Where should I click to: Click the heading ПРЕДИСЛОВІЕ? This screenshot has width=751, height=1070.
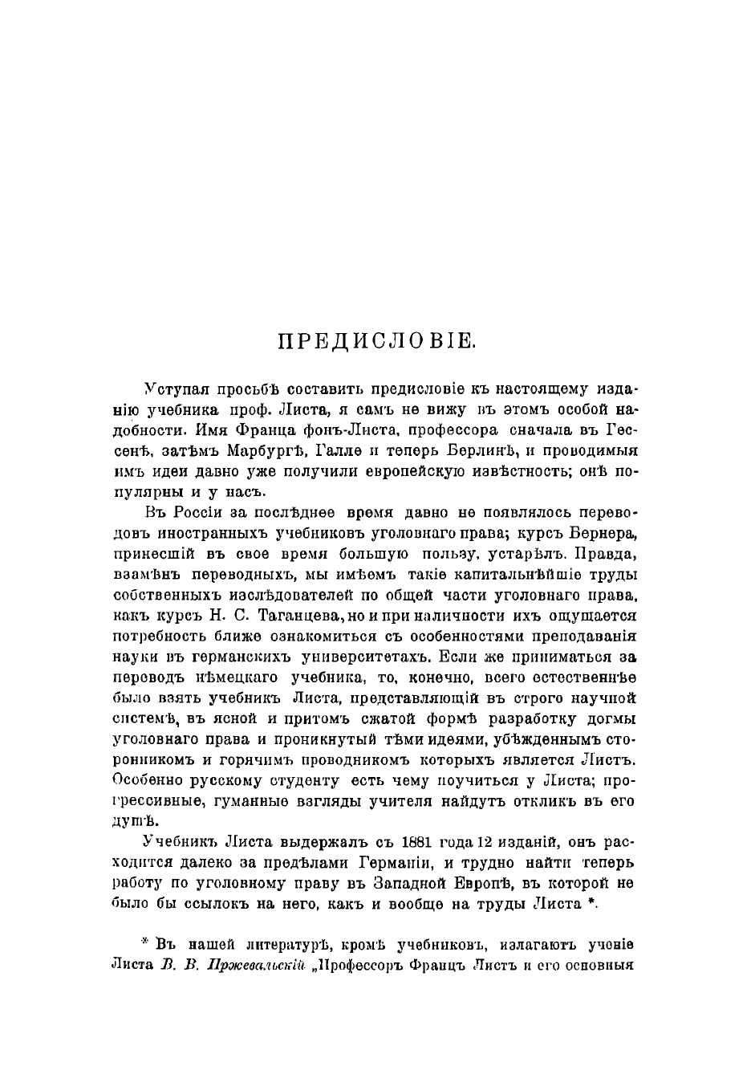376,340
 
